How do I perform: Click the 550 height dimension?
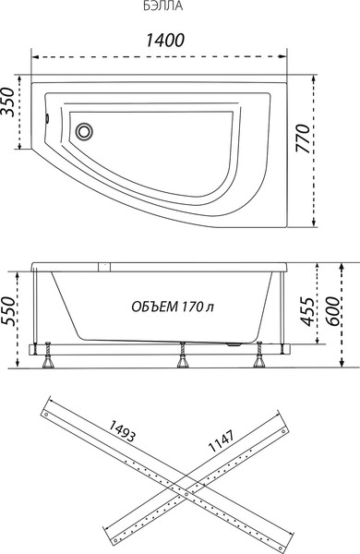(10, 316)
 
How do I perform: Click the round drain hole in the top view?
(86, 131)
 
